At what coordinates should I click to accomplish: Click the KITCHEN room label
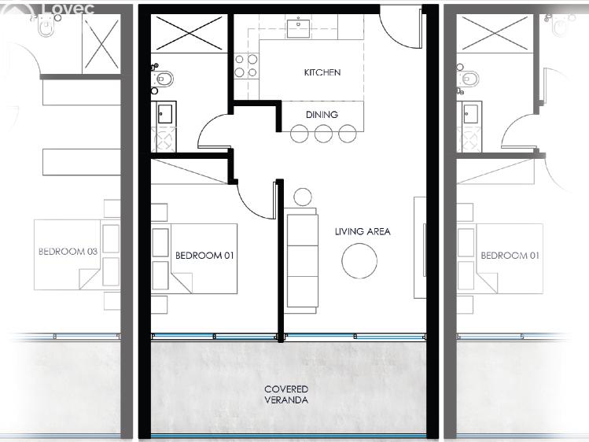coord(322,72)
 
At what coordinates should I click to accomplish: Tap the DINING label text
coord(322,115)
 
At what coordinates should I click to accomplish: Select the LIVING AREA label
coord(363,231)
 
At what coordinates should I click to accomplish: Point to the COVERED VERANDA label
coord(286,394)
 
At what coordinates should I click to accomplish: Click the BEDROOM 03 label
coord(68,251)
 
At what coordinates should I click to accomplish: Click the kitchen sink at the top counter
coord(298,27)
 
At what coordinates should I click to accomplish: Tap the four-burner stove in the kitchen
coord(246,65)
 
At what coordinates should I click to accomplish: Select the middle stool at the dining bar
coord(323,134)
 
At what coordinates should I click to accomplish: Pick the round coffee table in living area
coord(359,261)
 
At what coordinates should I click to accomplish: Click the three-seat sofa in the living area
coord(301,260)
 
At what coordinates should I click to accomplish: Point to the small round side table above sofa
coord(303,197)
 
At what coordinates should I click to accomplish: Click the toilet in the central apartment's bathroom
coord(163,79)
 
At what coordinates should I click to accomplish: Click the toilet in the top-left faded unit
coord(46,27)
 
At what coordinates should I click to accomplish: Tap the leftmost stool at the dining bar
coord(300,134)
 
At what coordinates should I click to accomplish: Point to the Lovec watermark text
coord(68,9)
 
